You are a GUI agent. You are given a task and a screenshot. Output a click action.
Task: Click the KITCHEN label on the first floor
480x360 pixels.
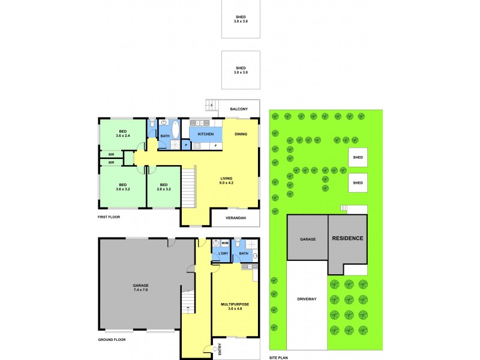pos(206,134)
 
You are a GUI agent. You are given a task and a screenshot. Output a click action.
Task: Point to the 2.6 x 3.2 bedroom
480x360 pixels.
pos(163,187)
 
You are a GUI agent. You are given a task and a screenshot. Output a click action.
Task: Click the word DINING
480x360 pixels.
pos(241,134)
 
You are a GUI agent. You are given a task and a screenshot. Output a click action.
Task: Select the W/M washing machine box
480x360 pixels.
pos(225,243)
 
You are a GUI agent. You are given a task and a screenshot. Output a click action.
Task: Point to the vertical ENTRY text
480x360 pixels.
pos(220,349)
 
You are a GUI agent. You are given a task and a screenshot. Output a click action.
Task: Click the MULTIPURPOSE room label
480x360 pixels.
pos(234,304)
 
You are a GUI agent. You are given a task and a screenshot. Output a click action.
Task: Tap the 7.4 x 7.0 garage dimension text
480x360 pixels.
pos(140,290)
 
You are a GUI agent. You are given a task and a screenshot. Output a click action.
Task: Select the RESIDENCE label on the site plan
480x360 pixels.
pos(347,238)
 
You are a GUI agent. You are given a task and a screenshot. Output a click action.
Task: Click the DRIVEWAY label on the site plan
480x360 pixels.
pos(307,298)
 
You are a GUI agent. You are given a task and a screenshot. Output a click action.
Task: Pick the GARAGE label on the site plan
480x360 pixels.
pos(308,239)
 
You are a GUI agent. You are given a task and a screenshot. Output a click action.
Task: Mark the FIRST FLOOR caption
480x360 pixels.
pos(109,216)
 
